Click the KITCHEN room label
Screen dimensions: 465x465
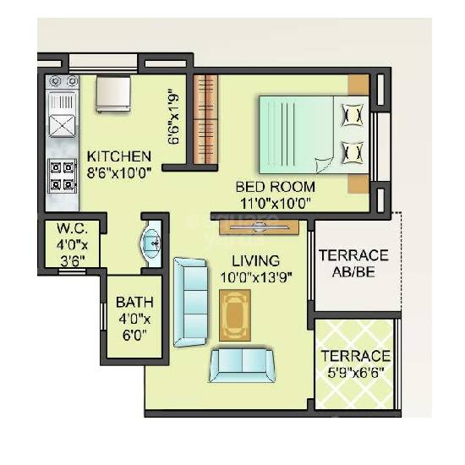(119, 156)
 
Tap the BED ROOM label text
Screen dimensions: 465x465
(275, 187)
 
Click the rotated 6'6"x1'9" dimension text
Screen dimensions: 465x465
(173, 117)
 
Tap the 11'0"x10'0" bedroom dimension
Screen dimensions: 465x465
(275, 203)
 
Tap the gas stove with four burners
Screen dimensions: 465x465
(63, 174)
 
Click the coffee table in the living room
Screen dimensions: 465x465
(234, 315)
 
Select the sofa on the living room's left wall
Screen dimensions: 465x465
(189, 302)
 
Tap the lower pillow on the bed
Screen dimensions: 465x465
(351, 153)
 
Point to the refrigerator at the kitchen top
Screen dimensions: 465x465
(113, 93)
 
